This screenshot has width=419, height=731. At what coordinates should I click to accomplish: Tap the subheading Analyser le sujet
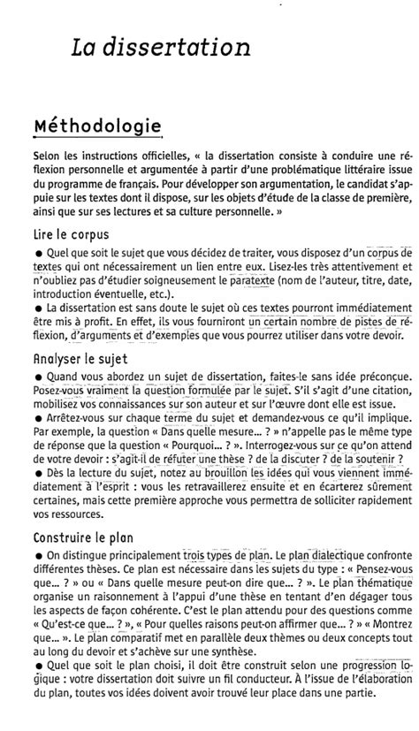pyautogui.click(x=80, y=359)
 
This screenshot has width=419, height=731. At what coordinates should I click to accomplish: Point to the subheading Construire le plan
pyautogui.click(x=84, y=536)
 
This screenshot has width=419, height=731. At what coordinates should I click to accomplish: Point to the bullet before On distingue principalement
pyautogui.click(x=37, y=554)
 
